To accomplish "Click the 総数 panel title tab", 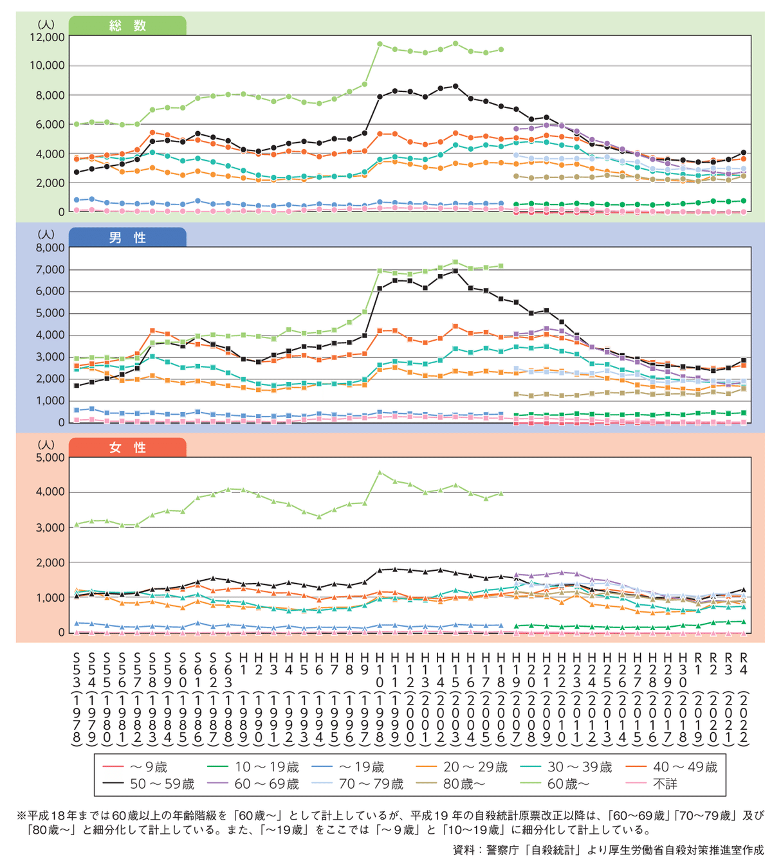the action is [127, 26].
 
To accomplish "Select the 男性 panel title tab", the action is [127, 237].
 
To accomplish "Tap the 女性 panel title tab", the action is [127, 447].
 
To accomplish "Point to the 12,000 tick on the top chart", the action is [47, 37].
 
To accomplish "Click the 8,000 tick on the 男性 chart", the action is [50, 248].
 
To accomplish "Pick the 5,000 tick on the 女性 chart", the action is [50, 458].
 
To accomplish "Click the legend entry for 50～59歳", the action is [149, 784].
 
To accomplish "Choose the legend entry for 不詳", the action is [651, 784].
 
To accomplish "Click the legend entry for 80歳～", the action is [450, 784].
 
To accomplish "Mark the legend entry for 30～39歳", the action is [566, 767].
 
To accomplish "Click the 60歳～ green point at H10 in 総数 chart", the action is [380, 44].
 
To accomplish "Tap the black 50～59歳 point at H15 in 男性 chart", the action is [455, 271].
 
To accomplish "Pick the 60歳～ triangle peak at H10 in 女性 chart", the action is [380, 472].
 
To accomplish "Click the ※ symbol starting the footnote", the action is [22, 816].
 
